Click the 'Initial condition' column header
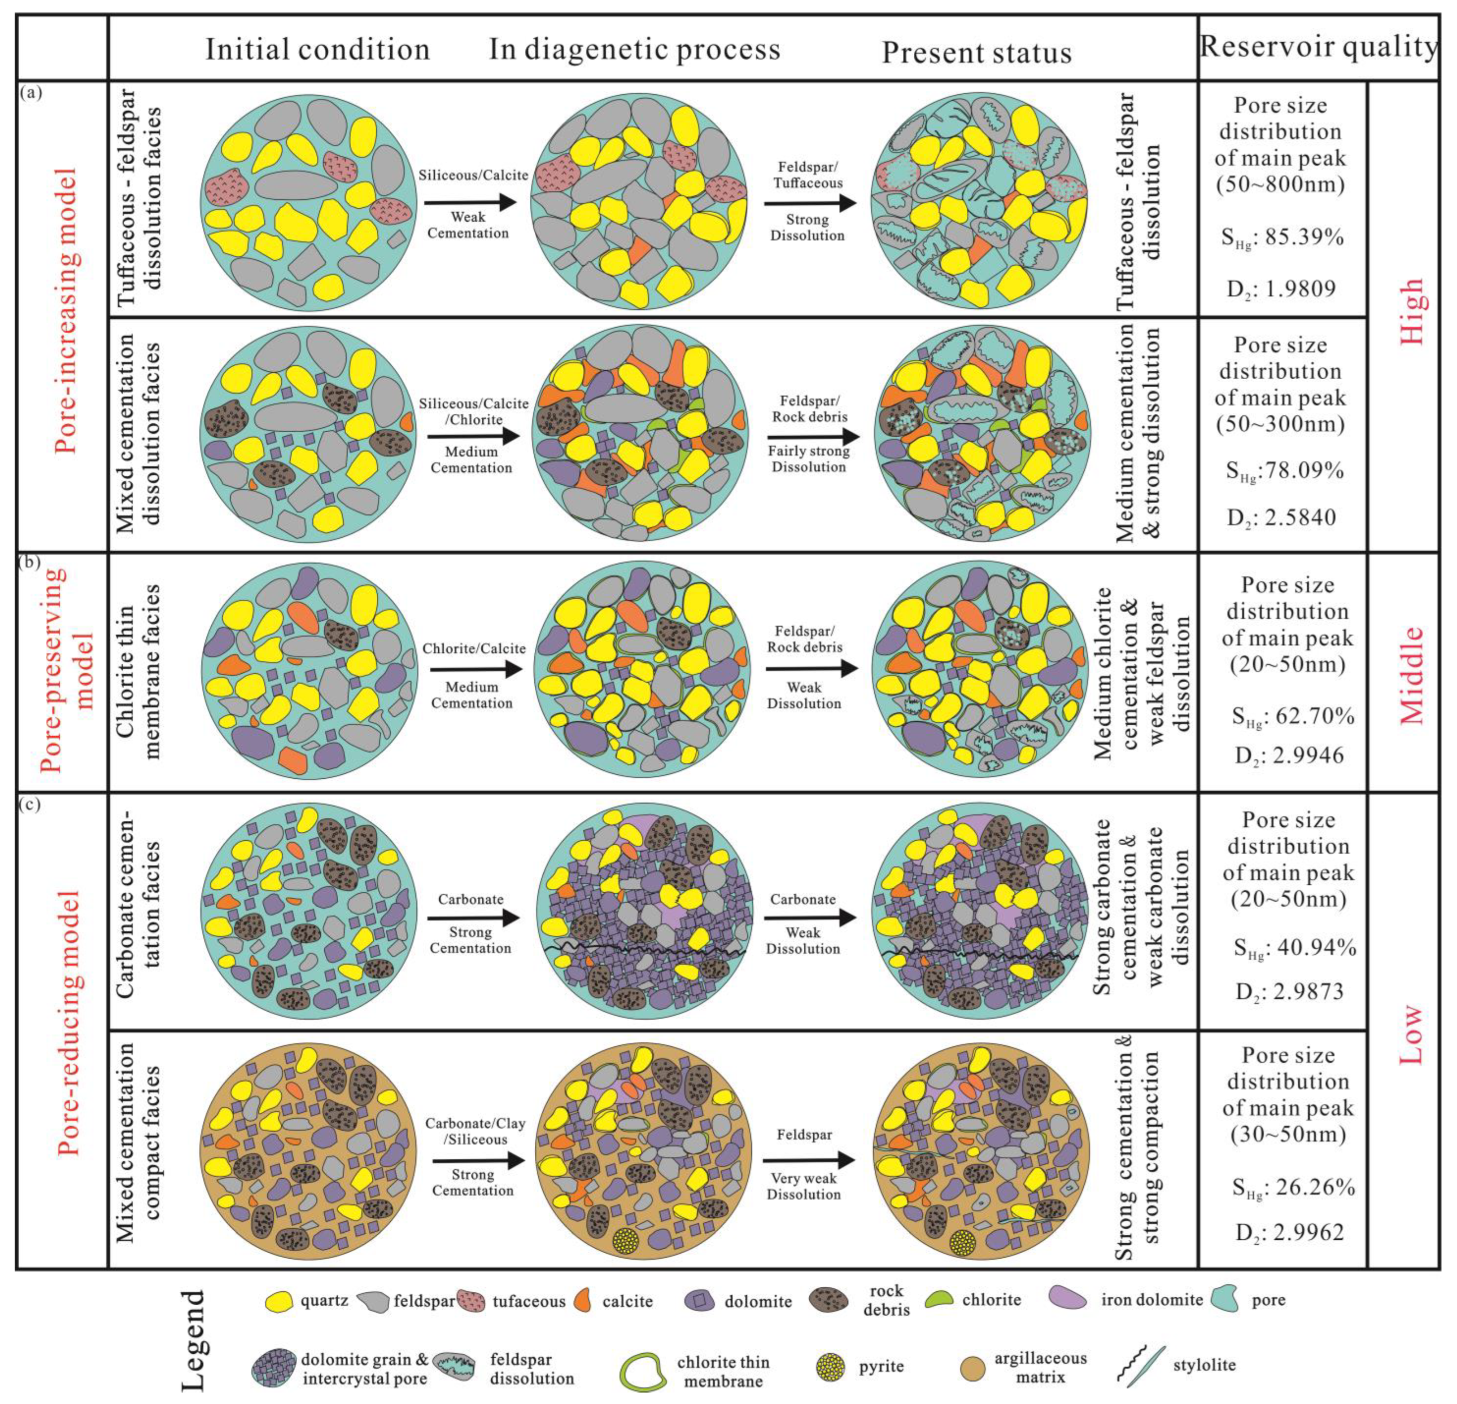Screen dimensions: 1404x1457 [x=318, y=50]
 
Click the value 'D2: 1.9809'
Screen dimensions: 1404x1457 [x=1281, y=289]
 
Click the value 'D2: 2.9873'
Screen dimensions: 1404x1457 [x=1289, y=991]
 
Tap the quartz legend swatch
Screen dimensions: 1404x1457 [x=279, y=1301]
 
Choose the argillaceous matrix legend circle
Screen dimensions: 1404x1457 [x=972, y=1367]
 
